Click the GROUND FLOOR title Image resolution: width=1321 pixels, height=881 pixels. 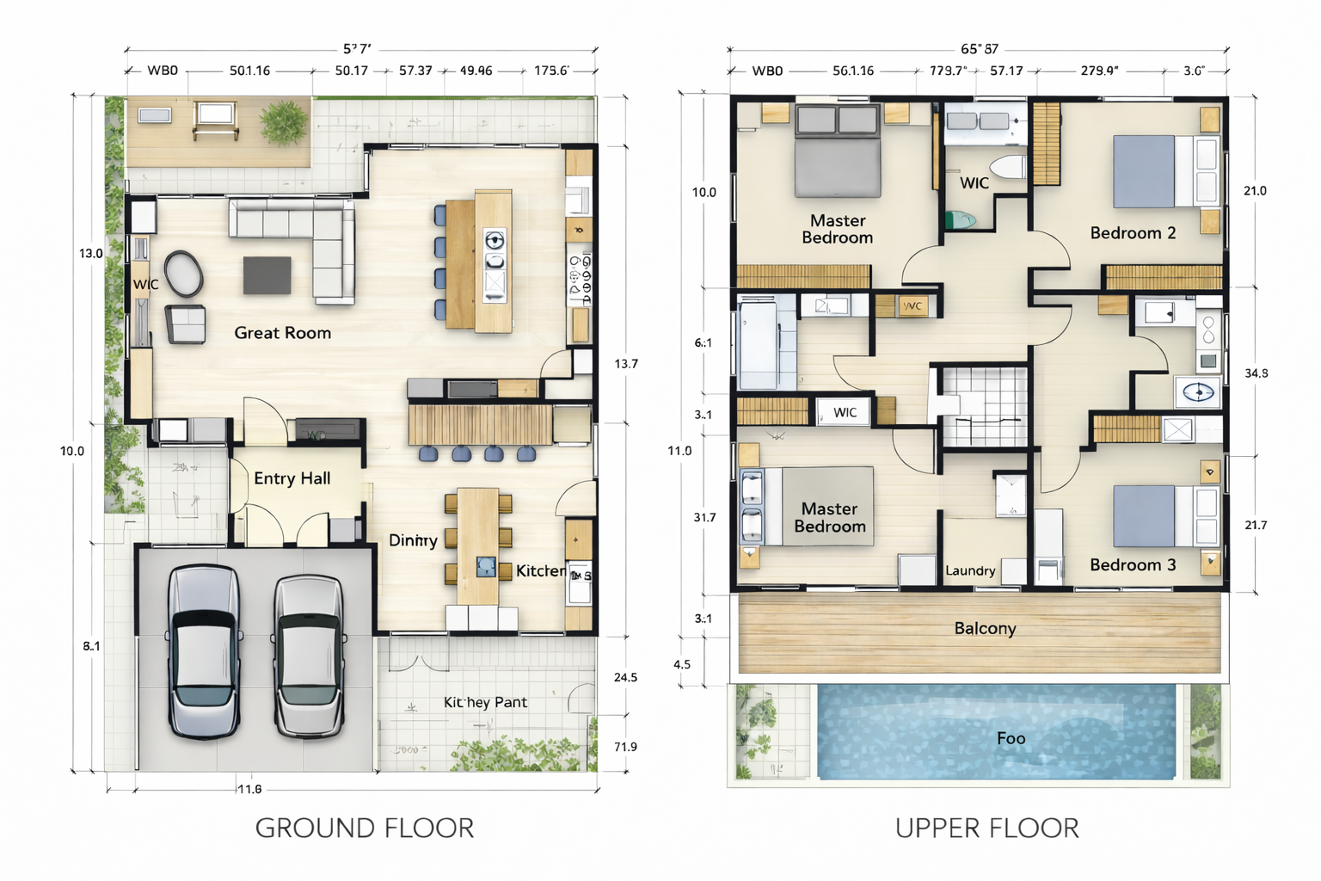pos(365,828)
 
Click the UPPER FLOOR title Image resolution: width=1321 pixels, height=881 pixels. pos(986,828)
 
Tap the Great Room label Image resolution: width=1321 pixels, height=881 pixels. pos(282,333)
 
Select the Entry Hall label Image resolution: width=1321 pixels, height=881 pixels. pos(292,478)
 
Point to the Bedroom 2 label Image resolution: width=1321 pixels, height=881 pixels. pos(1132,233)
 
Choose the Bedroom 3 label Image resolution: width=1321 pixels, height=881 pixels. pos(1132,565)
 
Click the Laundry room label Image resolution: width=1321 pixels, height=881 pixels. pos(970,570)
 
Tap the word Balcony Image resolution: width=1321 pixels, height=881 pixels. pos(985,628)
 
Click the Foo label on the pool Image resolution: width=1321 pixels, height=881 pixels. pos(1011,738)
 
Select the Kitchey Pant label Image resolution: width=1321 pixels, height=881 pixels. pos(485,702)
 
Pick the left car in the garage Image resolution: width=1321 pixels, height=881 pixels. pos(203,651)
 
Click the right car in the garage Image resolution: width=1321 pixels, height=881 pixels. pos(309,656)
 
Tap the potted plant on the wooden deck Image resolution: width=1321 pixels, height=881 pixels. pos(283,121)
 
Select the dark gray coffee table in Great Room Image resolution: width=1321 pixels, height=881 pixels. pos(267,275)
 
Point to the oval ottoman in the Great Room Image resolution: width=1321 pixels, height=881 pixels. pos(184,274)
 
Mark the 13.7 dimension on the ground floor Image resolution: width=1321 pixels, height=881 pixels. pos(626,364)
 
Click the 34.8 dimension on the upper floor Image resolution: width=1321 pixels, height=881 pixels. pos(1256,373)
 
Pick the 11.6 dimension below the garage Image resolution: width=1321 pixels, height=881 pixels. pos(249,789)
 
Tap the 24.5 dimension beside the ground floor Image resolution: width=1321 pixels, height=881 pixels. pos(625,678)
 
